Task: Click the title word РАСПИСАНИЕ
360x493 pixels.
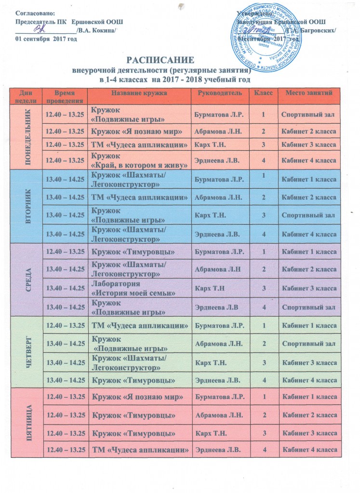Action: point(160,61)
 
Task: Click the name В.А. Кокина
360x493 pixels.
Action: point(97,30)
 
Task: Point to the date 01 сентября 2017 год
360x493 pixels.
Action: point(47,39)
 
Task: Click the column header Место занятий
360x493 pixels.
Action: point(309,92)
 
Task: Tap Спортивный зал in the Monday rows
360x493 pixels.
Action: point(308,113)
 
